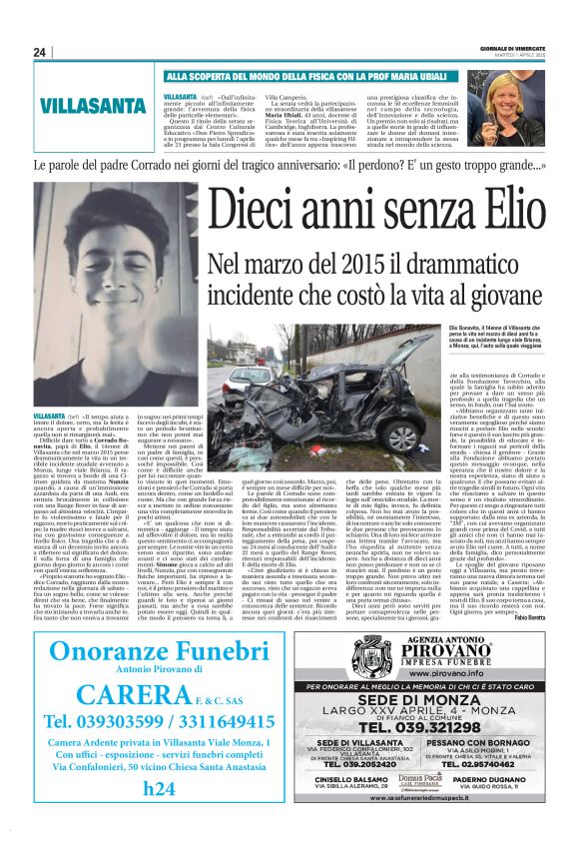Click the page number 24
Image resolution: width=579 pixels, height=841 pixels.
(x=39, y=52)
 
